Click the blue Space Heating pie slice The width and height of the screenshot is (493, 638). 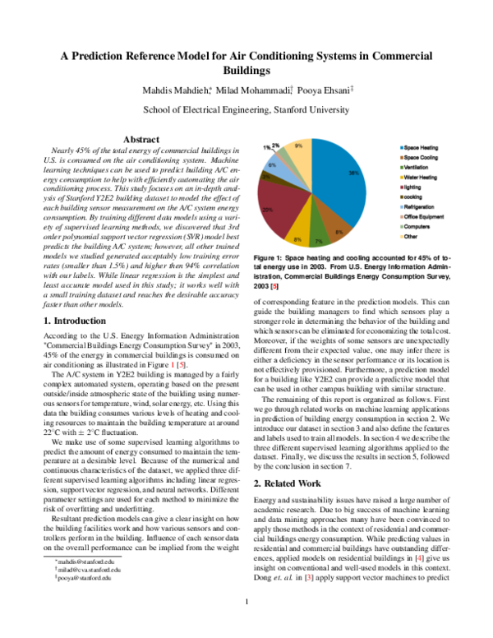tap(338, 185)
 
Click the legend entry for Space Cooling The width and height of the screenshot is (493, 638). tap(421, 156)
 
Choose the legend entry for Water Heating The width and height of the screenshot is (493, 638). tap(421, 178)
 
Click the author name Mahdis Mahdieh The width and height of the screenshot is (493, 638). tap(171, 89)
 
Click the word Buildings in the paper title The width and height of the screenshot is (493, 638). tap(246, 72)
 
